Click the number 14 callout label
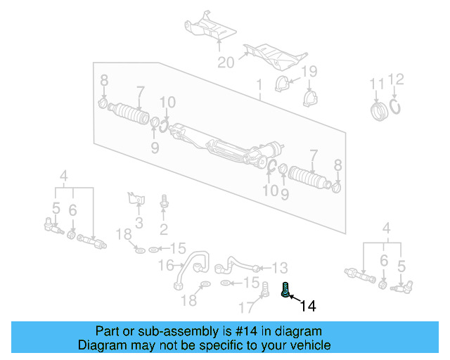pos(308,306)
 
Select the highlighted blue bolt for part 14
pos(287,289)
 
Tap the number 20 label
pos(225,63)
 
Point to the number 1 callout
pos(259,85)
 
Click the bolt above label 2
pos(163,200)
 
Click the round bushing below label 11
pos(379,111)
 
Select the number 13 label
pos(279,267)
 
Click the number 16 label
pos(165,265)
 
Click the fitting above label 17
pos(266,288)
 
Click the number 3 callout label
pos(139,224)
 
